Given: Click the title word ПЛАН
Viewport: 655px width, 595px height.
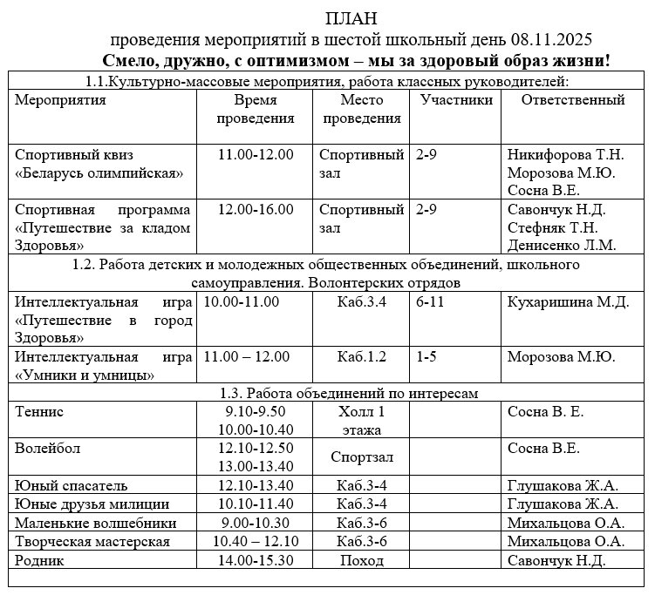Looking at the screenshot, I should [x=352, y=19].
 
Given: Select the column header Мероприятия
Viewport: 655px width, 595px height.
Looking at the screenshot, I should [x=61, y=100].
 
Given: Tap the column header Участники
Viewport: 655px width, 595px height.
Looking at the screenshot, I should [x=456, y=100].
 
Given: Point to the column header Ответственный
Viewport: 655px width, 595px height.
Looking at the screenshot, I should [x=573, y=100].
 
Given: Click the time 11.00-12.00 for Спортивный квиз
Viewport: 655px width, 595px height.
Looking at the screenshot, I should [x=256, y=155].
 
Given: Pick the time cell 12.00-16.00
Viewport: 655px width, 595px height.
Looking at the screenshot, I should [x=256, y=210].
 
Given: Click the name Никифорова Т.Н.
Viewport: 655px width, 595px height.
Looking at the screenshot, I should [x=566, y=155].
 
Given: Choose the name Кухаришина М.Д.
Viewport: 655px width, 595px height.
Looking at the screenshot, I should [x=568, y=302].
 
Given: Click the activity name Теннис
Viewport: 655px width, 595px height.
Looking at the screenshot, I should [x=39, y=412].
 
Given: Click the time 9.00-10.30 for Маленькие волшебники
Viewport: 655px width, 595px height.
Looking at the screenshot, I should [x=256, y=524].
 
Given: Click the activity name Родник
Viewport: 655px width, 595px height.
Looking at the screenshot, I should [x=40, y=560].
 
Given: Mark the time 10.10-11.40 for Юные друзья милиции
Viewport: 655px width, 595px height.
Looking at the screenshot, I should [x=259, y=504].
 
